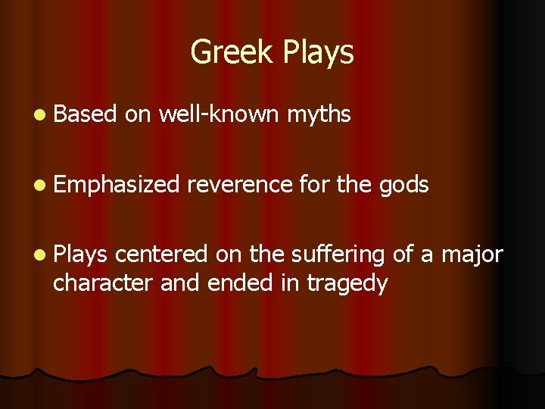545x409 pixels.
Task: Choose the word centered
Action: click(x=163, y=254)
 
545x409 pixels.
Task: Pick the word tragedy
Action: click(x=347, y=283)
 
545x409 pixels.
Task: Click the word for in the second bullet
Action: click(x=313, y=185)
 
